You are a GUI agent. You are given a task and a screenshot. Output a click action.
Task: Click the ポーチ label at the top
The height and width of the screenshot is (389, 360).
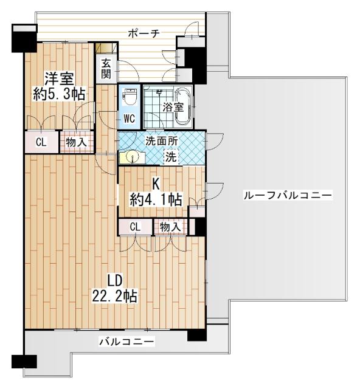click(144, 34)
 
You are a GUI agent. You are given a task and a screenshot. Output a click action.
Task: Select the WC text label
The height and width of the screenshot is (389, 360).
click(130, 119)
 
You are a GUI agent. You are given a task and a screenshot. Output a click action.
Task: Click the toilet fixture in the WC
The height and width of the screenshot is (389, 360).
click(130, 97)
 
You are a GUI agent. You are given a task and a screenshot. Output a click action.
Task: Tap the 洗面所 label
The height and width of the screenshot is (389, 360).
click(161, 140)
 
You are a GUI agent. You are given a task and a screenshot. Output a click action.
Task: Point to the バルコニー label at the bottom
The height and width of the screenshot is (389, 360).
click(126, 342)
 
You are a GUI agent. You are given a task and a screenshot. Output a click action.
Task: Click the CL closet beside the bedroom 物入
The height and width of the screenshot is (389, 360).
click(41, 143)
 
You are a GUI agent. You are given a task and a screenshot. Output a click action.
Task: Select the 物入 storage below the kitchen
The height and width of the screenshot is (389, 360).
click(170, 227)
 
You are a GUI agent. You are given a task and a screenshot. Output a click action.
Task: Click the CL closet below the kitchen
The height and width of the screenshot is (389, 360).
click(135, 227)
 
